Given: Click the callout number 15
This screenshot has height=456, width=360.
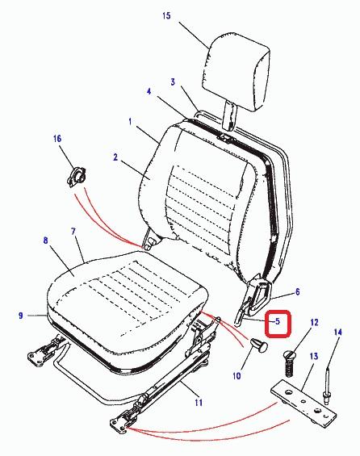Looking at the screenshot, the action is point(166,15).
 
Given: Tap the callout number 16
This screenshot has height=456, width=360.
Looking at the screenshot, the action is point(57,138).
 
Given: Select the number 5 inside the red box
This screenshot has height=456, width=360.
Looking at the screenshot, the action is point(278,321).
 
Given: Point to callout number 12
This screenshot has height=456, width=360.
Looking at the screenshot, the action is point(314,322).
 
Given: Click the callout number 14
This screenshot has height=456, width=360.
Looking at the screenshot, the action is point(337,332).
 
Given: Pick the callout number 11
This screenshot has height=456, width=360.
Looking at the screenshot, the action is point(199,403).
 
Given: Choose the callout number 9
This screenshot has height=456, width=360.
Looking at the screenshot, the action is point(20,316).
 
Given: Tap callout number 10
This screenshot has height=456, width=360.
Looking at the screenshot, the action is point(237,376).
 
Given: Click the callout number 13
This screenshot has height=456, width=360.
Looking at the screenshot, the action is point(314,356).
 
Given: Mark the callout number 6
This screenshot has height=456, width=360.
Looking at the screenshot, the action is point(297,291).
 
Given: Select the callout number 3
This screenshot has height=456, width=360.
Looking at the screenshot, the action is point(173,82).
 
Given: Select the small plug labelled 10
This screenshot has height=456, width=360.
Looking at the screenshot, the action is point(259,345).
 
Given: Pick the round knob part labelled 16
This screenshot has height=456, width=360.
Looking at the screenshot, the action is point(77,175).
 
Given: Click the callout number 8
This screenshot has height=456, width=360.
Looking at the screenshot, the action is point(45,241).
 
